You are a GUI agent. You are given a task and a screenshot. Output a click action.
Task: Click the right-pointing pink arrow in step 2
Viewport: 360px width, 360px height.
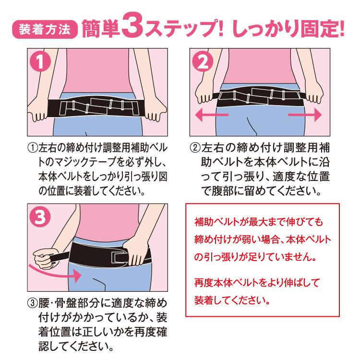[x=304, y=115]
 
